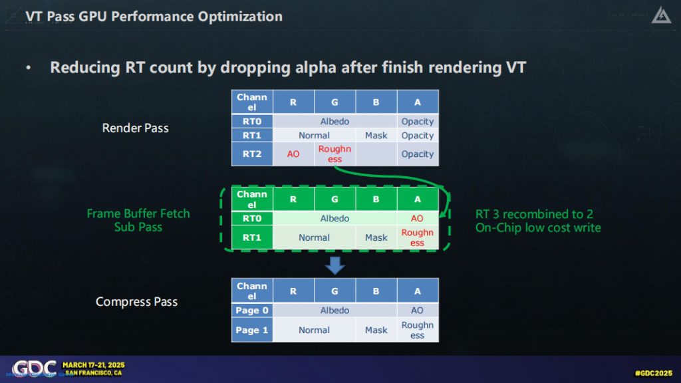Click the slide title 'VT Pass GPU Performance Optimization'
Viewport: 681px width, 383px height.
pyautogui.click(x=154, y=17)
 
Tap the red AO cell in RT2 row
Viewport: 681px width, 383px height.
pyautogui.click(x=293, y=154)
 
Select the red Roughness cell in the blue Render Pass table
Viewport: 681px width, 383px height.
pyautogui.click(x=335, y=154)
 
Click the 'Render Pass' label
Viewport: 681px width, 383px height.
pyautogui.click(x=135, y=128)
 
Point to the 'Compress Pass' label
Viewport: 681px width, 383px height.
pyautogui.click(x=136, y=302)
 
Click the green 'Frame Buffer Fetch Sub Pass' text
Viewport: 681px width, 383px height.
pyautogui.click(x=138, y=220)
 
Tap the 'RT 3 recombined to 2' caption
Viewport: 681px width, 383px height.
pyautogui.click(x=534, y=214)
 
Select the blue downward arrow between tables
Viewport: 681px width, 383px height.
pyautogui.click(x=335, y=265)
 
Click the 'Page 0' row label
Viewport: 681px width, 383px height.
pyautogui.click(x=252, y=311)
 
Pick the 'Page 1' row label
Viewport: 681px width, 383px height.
pyautogui.click(x=252, y=330)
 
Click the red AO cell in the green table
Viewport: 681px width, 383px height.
pyautogui.click(x=417, y=218)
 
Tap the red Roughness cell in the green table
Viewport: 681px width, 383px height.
pyautogui.click(x=418, y=237)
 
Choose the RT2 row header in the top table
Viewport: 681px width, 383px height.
pyautogui.click(x=252, y=154)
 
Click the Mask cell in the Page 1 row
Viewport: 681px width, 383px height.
pyautogui.click(x=376, y=330)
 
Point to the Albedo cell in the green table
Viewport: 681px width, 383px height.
pyautogui.click(x=335, y=218)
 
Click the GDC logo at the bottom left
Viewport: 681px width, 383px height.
pyautogui.click(x=34, y=368)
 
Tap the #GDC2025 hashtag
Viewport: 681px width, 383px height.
pyautogui.click(x=653, y=373)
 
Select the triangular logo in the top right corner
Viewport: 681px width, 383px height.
pyautogui.click(x=662, y=15)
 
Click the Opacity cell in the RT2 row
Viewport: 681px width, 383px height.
pyautogui.click(x=418, y=154)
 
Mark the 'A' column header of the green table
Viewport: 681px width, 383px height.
pyautogui.click(x=418, y=199)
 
